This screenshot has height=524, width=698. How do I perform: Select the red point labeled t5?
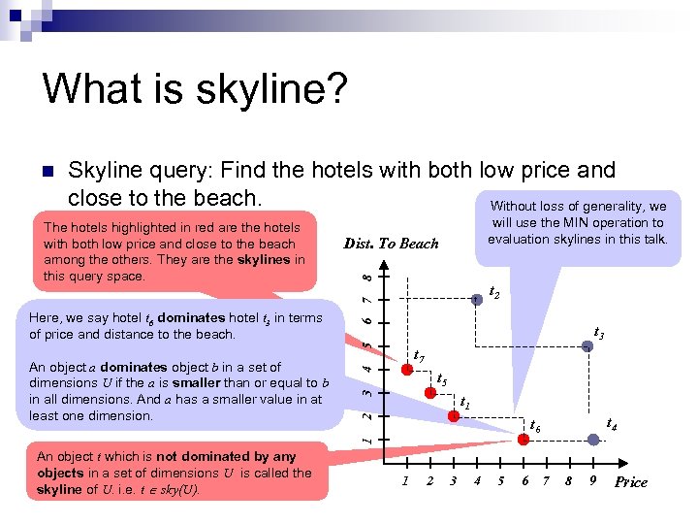click(x=428, y=392)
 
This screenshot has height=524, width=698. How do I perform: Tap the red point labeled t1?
click(x=452, y=415)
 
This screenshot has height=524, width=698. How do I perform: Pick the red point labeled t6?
click(x=523, y=440)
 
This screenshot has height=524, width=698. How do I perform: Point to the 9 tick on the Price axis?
click(x=592, y=481)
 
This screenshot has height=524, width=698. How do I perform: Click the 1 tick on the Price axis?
click(x=405, y=481)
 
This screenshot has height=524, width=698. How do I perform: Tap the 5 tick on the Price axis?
click(x=500, y=481)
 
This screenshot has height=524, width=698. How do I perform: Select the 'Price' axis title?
click(x=631, y=482)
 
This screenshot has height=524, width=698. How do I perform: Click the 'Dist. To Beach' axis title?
click(x=391, y=244)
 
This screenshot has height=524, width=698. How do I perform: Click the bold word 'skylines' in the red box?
click(x=264, y=260)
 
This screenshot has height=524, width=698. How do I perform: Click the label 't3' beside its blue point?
click(x=599, y=333)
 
